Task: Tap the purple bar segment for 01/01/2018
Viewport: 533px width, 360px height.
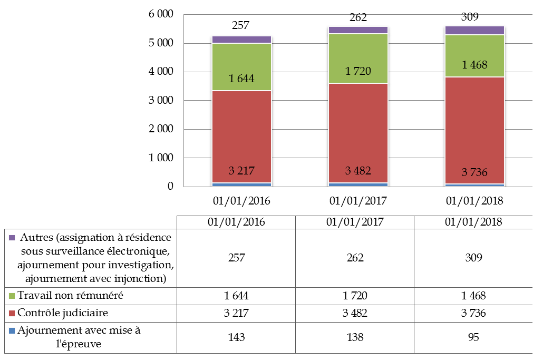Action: [x=474, y=30]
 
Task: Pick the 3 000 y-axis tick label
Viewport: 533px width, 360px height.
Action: [x=161, y=101]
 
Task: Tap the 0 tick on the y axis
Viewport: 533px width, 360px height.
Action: [x=170, y=187]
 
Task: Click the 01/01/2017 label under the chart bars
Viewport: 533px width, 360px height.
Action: [x=358, y=201]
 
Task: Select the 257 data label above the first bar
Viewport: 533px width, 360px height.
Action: [x=240, y=25]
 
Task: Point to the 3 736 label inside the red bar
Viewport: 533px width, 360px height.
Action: [x=474, y=172]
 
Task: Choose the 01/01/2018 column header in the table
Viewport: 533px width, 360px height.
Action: [x=473, y=222]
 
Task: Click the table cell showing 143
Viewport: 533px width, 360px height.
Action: [x=236, y=337]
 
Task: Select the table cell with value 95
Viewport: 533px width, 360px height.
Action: [x=473, y=337]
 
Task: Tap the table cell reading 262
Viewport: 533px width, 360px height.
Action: [x=355, y=258]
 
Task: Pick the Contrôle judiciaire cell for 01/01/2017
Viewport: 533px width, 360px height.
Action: [x=355, y=313]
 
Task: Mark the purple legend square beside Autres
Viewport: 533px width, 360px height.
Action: [x=12, y=237]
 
